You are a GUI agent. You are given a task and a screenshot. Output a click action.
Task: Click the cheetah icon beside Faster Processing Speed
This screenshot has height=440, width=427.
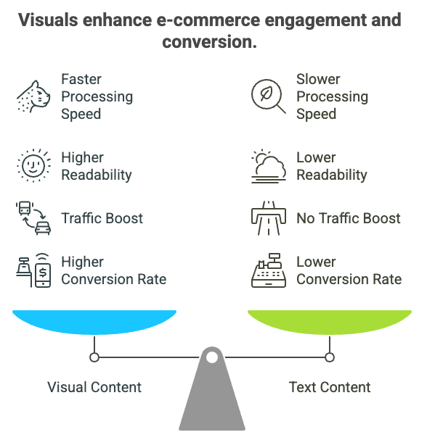click(x=33, y=96)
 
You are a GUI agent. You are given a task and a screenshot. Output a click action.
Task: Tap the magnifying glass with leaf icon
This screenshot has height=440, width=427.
click(x=268, y=96)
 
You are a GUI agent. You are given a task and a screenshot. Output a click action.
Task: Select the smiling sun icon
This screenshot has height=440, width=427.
click(x=33, y=165)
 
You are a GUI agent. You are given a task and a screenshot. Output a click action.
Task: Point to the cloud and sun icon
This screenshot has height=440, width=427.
click(x=269, y=166)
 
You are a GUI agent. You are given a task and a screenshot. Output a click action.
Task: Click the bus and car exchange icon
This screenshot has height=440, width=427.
click(x=33, y=218)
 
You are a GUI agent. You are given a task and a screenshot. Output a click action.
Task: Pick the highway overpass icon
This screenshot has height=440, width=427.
click(x=269, y=218)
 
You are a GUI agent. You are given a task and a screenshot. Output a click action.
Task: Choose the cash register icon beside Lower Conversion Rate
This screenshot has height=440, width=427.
click(x=269, y=270)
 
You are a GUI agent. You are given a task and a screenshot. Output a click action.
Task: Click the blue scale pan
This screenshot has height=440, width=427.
click(x=94, y=322)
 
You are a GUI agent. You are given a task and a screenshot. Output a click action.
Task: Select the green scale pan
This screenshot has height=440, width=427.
click(x=330, y=322)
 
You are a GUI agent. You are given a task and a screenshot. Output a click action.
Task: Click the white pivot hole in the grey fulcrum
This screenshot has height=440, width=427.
click(x=212, y=357)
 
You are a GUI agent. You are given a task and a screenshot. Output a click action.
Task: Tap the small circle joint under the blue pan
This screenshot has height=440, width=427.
click(x=94, y=357)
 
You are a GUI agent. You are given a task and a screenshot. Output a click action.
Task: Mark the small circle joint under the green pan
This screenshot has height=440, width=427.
click(x=330, y=357)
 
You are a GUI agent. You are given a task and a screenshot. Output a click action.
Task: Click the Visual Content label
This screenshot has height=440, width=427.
click(x=94, y=387)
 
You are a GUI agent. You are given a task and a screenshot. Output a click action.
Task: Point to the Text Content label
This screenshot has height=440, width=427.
click(x=330, y=387)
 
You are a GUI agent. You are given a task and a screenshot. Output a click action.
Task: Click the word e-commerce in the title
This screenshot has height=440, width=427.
click(x=208, y=20)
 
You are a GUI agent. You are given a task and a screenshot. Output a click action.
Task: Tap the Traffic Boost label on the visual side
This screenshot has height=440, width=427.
click(x=102, y=218)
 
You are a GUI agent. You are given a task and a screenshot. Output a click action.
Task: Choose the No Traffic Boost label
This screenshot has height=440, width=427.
click(x=349, y=218)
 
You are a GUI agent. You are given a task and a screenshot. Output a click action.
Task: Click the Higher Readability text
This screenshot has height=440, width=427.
click(x=97, y=166)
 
